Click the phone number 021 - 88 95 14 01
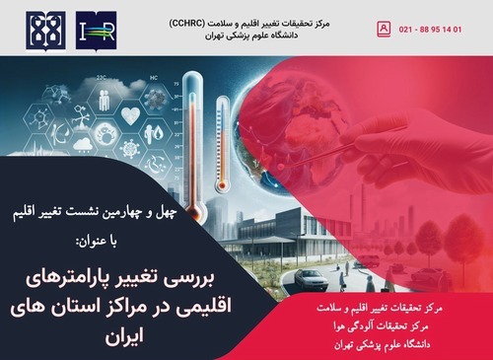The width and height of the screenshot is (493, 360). [430, 30]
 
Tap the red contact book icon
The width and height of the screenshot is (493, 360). [384, 30]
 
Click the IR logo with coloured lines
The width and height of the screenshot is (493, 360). [96, 31]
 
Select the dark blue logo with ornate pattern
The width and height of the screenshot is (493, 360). [45, 31]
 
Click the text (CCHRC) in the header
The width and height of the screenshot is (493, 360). [187, 24]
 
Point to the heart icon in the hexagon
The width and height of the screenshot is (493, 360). [130, 115]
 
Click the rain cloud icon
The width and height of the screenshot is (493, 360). [83, 145]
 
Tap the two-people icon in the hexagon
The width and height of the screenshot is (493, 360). [105, 100]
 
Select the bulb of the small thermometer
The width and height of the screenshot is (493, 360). [222, 185]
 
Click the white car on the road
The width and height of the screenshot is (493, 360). [311, 279]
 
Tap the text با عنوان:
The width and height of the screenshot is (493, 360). [98, 242]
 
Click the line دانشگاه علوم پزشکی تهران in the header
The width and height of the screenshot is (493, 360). [251, 36]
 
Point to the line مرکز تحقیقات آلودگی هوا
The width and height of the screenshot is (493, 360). [382, 326]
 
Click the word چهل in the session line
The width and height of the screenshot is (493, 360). [167, 213]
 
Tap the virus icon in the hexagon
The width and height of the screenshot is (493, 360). [130, 148]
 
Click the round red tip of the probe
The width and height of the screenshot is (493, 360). [280, 167]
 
